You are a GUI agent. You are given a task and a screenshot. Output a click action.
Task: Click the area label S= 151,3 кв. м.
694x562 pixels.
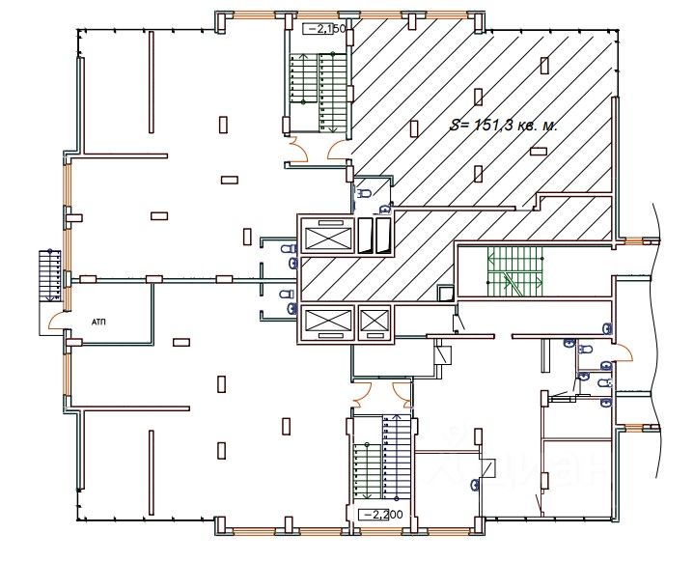[505, 126]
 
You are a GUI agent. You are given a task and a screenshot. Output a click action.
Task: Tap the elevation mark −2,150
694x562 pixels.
[325, 30]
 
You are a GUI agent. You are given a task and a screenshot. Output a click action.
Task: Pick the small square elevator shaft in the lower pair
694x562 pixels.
[374, 322]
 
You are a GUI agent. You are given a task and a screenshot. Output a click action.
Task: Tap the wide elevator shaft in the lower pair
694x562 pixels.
[327, 322]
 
